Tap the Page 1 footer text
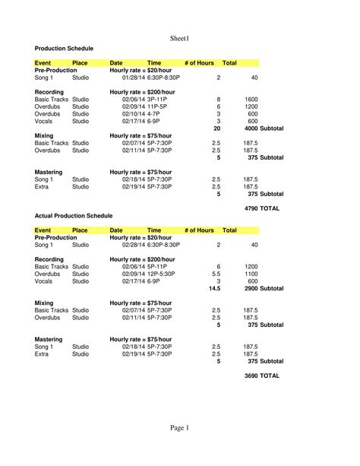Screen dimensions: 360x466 (x=180, y=428)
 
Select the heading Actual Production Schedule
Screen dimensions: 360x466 (x=74, y=216)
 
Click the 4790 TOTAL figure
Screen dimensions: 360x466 (x=262, y=208)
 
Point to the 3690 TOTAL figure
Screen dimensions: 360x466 (x=262, y=376)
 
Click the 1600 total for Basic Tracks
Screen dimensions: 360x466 (x=251, y=100)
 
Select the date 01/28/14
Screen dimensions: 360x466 (x=133, y=78)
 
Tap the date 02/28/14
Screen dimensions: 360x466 (x=133, y=246)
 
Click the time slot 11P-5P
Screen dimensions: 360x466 (x=159, y=107)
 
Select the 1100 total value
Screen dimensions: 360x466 (x=251, y=274)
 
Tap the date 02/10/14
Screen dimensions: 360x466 (x=133, y=114)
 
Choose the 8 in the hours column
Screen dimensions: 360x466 (x=218, y=100)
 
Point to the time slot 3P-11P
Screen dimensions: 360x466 (x=159, y=100)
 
